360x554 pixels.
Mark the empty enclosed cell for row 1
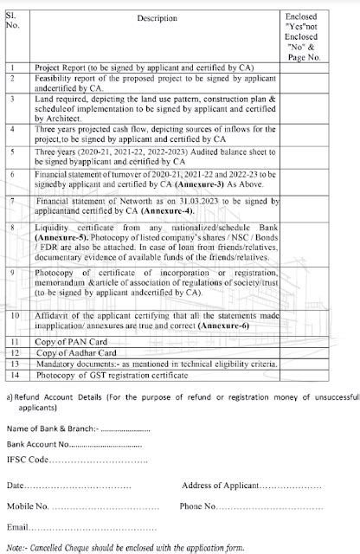317,65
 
